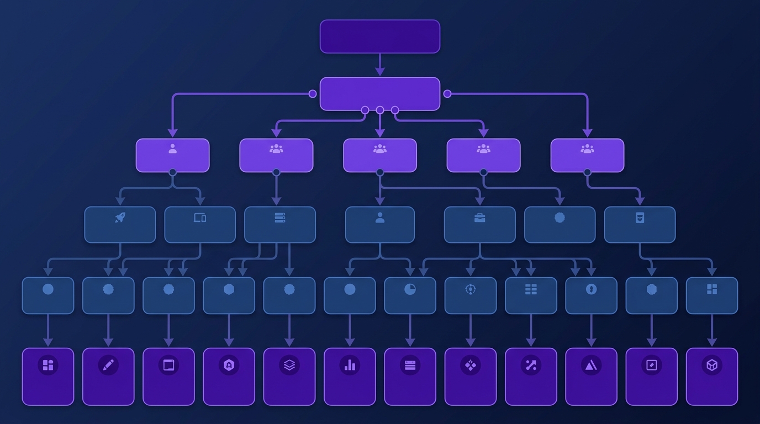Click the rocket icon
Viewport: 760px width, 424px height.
tap(120, 218)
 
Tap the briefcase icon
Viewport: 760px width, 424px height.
tap(479, 218)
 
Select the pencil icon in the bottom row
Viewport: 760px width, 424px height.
tap(108, 365)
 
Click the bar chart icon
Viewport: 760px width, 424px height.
tap(350, 365)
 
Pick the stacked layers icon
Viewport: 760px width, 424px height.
tap(289, 365)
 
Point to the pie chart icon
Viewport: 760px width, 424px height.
tap(410, 289)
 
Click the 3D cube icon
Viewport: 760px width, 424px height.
tap(711, 365)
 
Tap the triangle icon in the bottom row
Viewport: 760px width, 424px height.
tap(591, 365)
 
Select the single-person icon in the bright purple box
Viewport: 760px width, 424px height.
tap(172, 149)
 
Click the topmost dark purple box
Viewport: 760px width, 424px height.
tap(380, 36)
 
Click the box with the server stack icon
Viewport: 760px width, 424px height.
tap(280, 225)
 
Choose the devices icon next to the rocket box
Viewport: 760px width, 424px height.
tap(200, 218)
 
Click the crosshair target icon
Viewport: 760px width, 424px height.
tap(470, 289)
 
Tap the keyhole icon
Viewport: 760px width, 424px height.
tap(591, 289)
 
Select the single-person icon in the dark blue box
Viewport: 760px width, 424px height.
tap(380, 218)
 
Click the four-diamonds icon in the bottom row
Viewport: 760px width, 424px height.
tap(470, 365)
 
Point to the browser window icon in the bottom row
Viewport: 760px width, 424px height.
tap(168, 365)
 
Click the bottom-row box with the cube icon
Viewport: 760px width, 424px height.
tap(711, 377)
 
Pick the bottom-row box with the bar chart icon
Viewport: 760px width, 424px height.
tap(350, 377)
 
